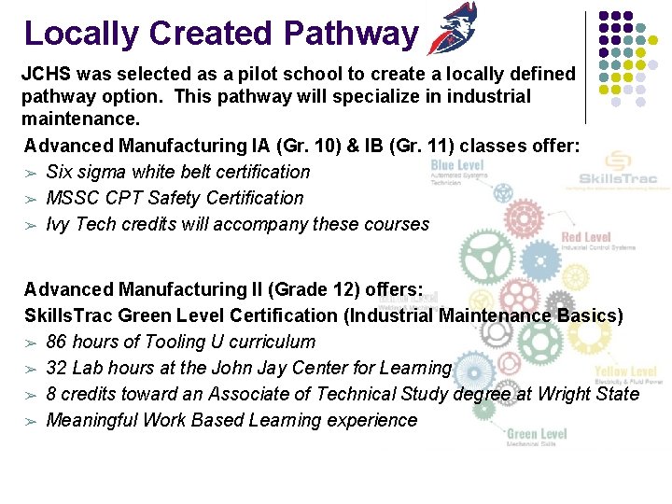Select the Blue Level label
tap(456, 166)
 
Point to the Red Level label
tap(584, 238)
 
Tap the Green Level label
tap(537, 434)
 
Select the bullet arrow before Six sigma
tap(32, 173)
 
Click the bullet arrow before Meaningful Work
tap(32, 421)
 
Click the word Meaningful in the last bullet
tap(91, 420)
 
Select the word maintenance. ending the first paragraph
tap(80, 120)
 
